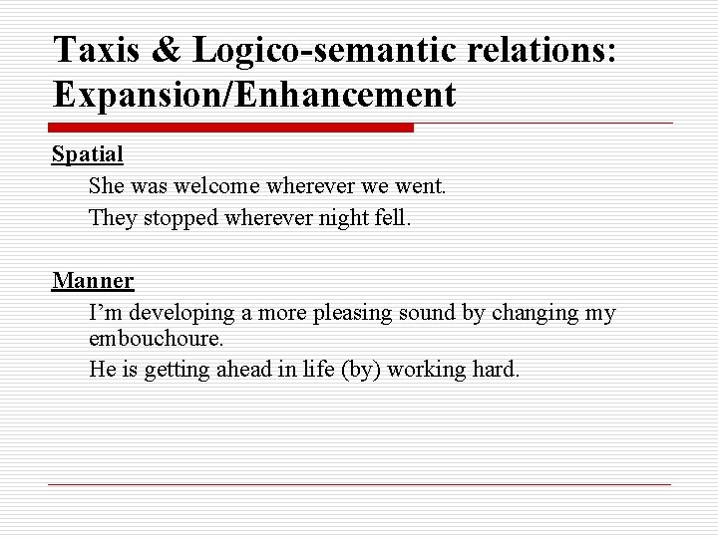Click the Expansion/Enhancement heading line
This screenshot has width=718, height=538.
(x=254, y=95)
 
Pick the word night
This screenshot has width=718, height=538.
(x=333, y=216)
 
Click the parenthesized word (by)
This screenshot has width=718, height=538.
(x=361, y=370)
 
